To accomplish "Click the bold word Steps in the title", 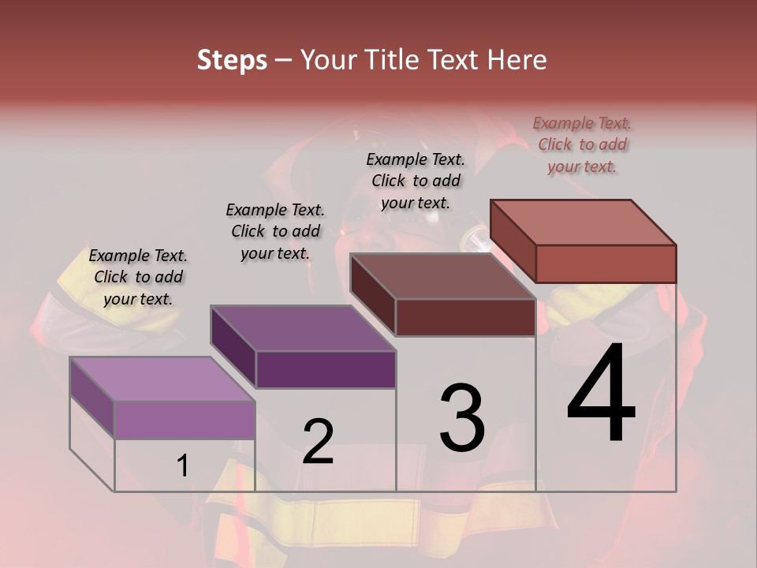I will (232, 60).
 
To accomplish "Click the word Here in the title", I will (517, 60).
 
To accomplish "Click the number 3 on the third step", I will (461, 417).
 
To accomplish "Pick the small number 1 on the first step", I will (182, 465).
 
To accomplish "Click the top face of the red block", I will (583, 222).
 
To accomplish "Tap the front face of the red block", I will (606, 263).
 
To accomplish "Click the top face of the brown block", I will (442, 276).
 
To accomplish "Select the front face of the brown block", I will (465, 318).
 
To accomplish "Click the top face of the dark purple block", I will (302, 328).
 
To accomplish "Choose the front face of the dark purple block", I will (326, 369).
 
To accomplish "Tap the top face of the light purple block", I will (162, 379).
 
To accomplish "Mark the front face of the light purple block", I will (185, 420).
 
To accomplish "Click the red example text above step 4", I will (582, 144).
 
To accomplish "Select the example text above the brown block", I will (416, 181).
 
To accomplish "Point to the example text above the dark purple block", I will (275, 231).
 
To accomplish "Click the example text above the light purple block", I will (138, 277).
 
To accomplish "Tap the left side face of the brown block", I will (372, 293).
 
